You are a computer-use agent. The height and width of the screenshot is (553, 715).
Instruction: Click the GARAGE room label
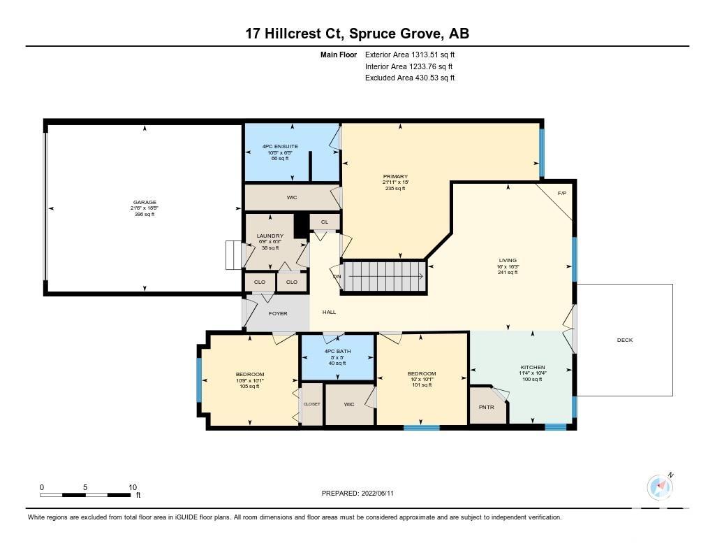pos(145,202)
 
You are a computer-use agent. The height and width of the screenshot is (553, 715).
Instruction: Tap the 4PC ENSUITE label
pos(280,147)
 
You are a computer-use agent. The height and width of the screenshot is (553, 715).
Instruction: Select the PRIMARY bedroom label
pos(395,176)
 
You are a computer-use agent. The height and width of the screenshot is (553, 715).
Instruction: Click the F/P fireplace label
pos(562,193)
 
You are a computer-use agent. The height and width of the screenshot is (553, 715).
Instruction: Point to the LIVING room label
pos(508,260)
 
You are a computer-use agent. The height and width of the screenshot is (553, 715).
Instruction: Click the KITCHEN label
pos(533,367)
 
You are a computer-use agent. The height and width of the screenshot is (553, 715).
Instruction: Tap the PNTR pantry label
pos(487,407)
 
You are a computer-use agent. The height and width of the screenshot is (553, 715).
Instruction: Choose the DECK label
pos(625,340)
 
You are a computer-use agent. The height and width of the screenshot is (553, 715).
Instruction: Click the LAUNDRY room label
pos(270,236)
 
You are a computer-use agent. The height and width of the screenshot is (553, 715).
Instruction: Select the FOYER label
pos(278,313)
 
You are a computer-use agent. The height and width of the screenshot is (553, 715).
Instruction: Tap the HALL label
pos(330,312)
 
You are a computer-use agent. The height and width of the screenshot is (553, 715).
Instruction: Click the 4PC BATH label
pos(337,351)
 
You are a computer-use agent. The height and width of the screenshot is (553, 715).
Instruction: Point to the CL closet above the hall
pos(325,222)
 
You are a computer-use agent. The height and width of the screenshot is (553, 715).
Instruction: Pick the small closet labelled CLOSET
pos(312,404)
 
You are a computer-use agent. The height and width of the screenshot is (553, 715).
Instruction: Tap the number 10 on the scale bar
pos(133,487)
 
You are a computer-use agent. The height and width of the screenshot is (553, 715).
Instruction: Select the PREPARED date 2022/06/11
pos(378,493)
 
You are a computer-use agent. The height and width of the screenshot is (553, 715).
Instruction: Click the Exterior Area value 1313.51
pos(422,55)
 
